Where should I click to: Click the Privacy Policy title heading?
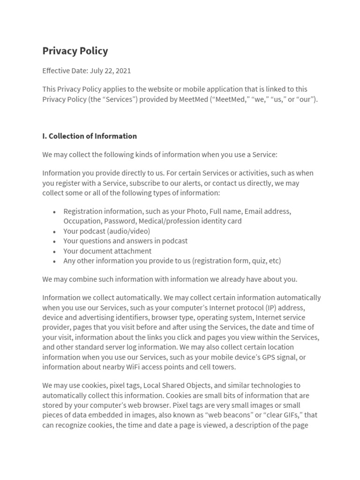coord(75,51)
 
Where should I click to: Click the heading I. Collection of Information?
coord(90,136)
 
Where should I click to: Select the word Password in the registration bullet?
coord(119,221)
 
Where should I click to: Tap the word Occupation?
coord(82,221)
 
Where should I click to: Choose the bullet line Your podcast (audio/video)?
coord(106,231)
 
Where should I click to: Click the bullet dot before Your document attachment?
coord(55,251)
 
